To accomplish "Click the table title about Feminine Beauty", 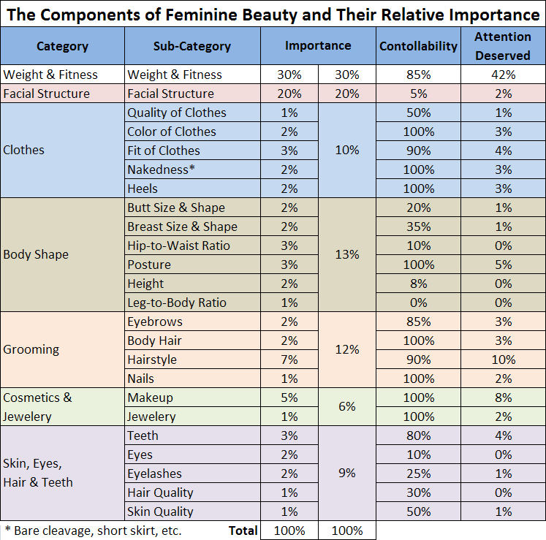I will tap(273, 14).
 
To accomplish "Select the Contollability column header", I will tap(418, 45).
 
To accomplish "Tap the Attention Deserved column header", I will tap(503, 45).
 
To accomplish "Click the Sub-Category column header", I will tap(192, 45).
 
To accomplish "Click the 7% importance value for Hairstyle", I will tap(289, 360).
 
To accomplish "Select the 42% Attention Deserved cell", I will tap(503, 75).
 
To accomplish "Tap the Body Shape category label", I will tap(36, 255).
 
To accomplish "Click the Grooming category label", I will tap(31, 350).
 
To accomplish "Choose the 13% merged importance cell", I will tap(346, 255).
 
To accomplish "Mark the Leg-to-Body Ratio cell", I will tap(177, 303).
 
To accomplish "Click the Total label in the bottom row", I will tap(243, 531).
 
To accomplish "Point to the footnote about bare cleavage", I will tap(93, 531).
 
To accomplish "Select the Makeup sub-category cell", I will tap(150, 398).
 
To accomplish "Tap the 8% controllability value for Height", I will tap(418, 284).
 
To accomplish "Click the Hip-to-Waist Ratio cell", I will tap(178, 246).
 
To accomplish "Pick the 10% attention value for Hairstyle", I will tap(503, 360).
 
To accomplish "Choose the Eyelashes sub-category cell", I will tap(154, 474).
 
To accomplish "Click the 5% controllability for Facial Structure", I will tap(418, 94).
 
